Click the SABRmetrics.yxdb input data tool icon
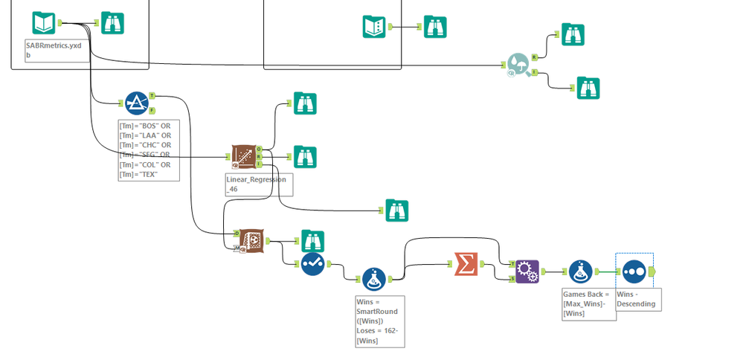[44, 23]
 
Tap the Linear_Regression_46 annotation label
[258, 184]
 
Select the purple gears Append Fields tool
[527, 271]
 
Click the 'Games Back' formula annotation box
[588, 303]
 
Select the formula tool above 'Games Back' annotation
[580, 271]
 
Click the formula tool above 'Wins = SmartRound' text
[373, 278]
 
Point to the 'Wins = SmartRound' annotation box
[380, 320]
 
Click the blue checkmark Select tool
[312, 263]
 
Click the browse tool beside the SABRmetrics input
[112, 23]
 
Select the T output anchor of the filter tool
[152, 95]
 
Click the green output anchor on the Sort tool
[652, 271]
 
